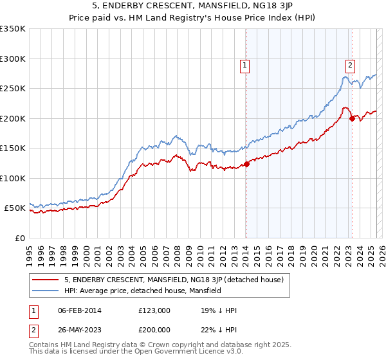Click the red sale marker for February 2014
click(246, 165)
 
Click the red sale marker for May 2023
click(352, 118)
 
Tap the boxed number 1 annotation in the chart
click(246, 64)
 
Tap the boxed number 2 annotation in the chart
click(350, 64)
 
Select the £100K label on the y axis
click(13, 178)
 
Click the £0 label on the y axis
click(20, 238)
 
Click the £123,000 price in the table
click(154, 311)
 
